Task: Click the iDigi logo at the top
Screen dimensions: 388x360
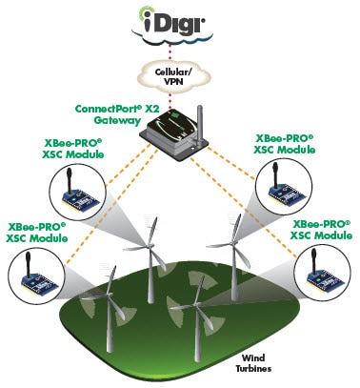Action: (179, 19)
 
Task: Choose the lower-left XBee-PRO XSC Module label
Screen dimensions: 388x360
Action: (35, 234)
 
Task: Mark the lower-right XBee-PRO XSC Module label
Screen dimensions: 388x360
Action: (320, 229)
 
